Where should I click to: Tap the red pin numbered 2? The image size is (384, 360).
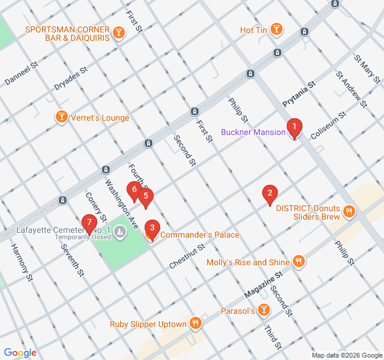point(270,194)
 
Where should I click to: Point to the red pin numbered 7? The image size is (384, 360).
point(89,223)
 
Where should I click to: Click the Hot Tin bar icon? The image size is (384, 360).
point(276,29)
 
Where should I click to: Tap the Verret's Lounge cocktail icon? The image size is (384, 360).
point(61,117)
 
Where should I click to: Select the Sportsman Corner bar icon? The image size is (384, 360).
point(119,33)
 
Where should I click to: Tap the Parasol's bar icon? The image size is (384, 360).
point(264,310)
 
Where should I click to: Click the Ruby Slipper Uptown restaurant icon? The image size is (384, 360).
point(195,324)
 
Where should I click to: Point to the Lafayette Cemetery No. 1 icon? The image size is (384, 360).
point(120,231)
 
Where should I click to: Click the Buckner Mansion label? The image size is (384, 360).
point(253,132)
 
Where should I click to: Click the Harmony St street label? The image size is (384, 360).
point(20,262)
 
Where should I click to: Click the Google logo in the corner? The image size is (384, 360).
point(20,353)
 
